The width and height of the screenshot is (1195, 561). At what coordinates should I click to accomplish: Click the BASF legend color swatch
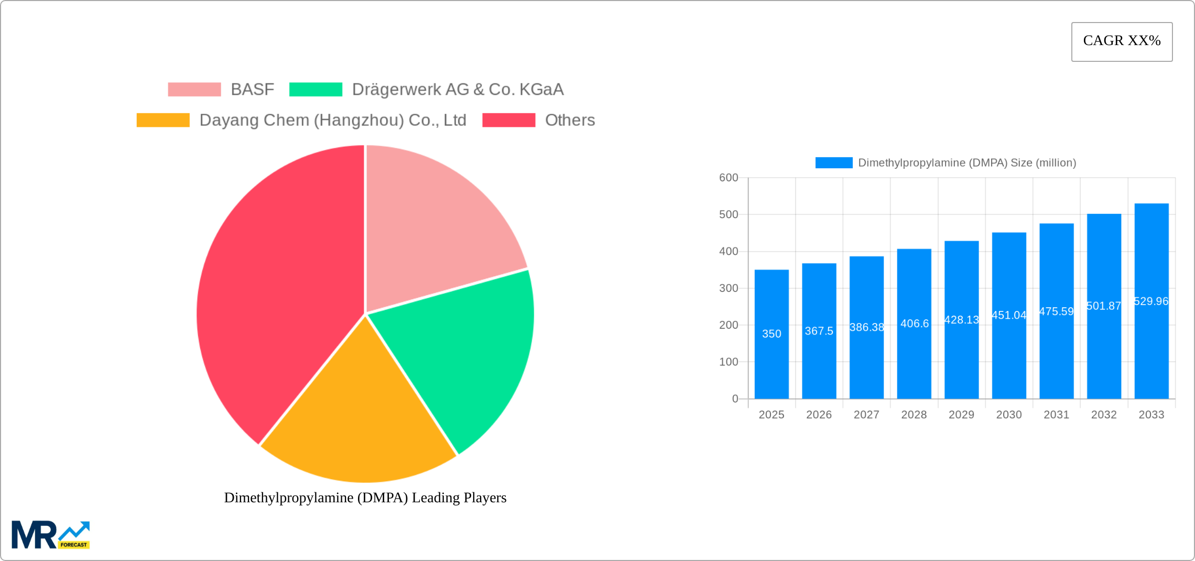tap(194, 90)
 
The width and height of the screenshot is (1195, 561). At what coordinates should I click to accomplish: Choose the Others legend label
tap(570, 120)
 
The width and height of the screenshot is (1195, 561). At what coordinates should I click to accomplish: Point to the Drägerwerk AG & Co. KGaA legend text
tap(458, 90)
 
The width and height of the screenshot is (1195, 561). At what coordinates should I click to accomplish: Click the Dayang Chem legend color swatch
tap(163, 120)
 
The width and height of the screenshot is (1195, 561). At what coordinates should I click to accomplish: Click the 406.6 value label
tap(915, 323)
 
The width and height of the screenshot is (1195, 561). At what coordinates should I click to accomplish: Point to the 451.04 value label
tap(1009, 315)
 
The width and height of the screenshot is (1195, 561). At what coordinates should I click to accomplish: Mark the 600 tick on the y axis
tap(729, 178)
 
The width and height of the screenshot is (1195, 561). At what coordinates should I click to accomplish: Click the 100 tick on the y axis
tap(729, 362)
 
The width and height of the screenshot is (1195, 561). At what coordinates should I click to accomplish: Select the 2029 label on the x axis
tap(961, 415)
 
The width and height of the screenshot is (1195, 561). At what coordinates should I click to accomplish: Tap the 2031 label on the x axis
tap(1056, 415)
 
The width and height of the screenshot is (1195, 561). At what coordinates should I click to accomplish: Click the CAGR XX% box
tap(1122, 41)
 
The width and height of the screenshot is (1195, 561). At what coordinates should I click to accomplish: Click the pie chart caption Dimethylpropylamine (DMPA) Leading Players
tap(365, 498)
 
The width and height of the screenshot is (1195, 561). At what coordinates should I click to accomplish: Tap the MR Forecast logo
tap(51, 535)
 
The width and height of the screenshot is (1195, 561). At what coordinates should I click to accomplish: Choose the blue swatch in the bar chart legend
tap(834, 163)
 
